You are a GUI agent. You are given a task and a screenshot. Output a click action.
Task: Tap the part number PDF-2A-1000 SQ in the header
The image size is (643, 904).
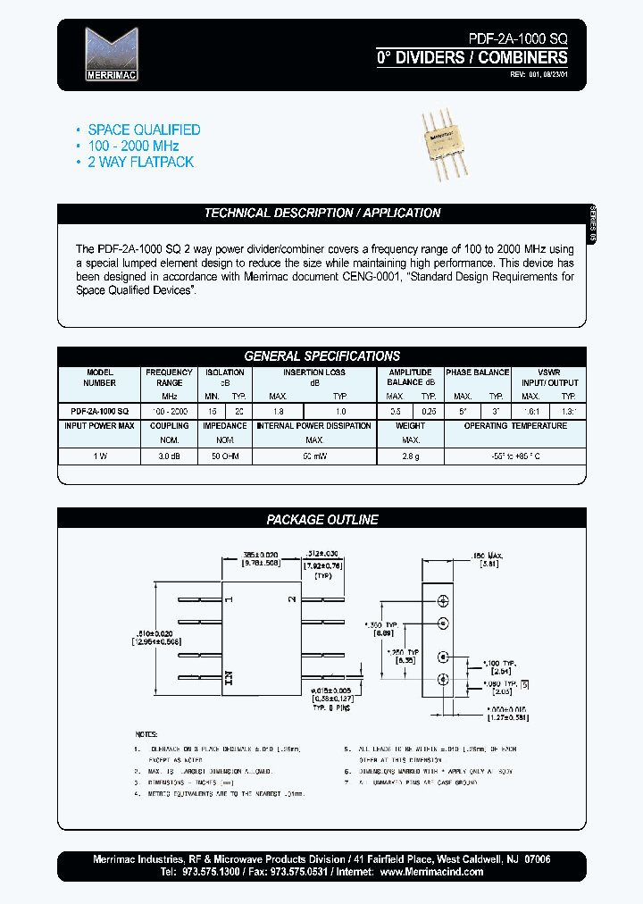coord(517,38)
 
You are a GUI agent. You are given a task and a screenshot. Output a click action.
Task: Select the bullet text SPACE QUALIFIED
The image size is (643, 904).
coord(144,130)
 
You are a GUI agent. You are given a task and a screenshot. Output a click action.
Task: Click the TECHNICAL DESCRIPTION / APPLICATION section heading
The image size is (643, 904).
coord(322,213)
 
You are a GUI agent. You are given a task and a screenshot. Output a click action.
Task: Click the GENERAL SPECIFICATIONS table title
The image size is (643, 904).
coord(322,356)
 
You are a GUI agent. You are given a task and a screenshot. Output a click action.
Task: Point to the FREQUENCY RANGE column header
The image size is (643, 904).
coord(169,377)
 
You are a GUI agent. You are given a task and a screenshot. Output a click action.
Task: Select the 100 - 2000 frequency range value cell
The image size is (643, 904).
coord(169,410)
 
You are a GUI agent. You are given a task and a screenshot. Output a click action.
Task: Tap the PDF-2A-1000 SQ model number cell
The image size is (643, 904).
coord(100,410)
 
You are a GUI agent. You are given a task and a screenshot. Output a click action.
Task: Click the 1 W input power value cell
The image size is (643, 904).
coord(100,456)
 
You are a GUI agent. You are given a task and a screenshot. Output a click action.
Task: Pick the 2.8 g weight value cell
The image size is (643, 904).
coord(411,456)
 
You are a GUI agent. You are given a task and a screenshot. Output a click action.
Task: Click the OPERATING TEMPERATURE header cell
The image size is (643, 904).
coord(515,426)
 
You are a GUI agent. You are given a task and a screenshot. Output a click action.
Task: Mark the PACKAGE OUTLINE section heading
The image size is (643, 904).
coord(322,520)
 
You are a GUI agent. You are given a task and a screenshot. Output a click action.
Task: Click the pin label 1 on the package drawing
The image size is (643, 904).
coord(229,598)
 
